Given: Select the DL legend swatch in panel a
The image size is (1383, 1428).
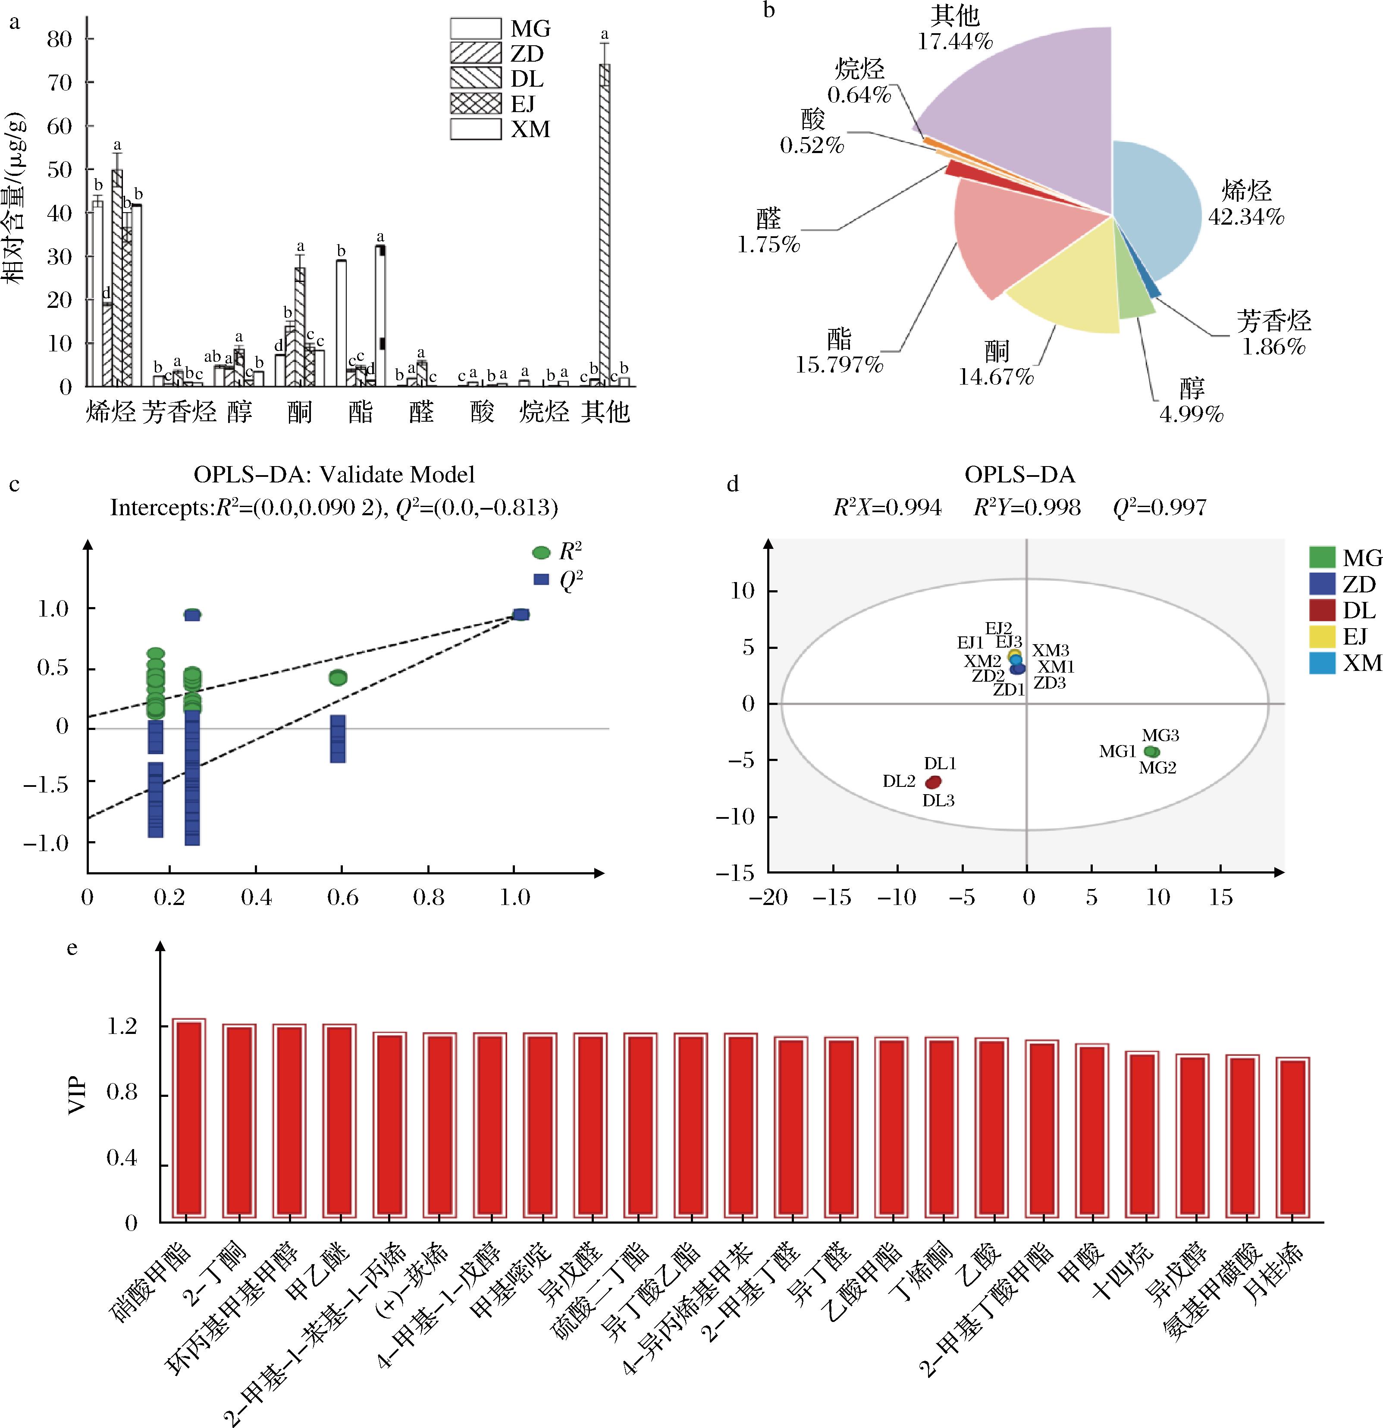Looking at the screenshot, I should pyautogui.click(x=475, y=78).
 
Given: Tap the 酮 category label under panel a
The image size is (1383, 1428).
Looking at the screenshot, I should pyautogui.click(x=299, y=412).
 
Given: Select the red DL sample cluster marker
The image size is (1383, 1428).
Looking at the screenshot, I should pyautogui.click(x=933, y=782).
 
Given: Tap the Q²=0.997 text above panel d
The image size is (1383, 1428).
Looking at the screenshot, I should pyautogui.click(x=1159, y=508).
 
